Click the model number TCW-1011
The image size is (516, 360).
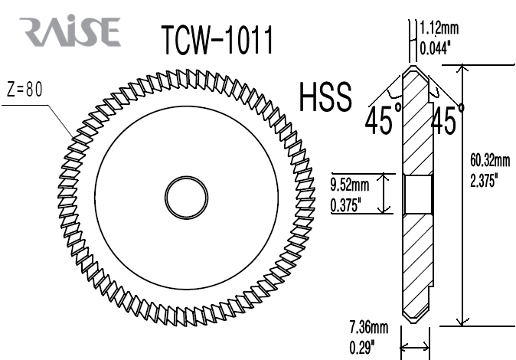(217, 40)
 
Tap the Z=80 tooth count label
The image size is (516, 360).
(24, 89)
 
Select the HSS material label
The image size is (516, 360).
(325, 98)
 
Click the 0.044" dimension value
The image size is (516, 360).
(437, 47)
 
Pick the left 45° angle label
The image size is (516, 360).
(383, 120)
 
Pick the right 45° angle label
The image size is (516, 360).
(447, 120)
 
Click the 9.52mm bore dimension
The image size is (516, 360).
(349, 185)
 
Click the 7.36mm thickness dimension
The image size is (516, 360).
(368, 328)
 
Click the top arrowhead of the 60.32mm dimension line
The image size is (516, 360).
(461, 70)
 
